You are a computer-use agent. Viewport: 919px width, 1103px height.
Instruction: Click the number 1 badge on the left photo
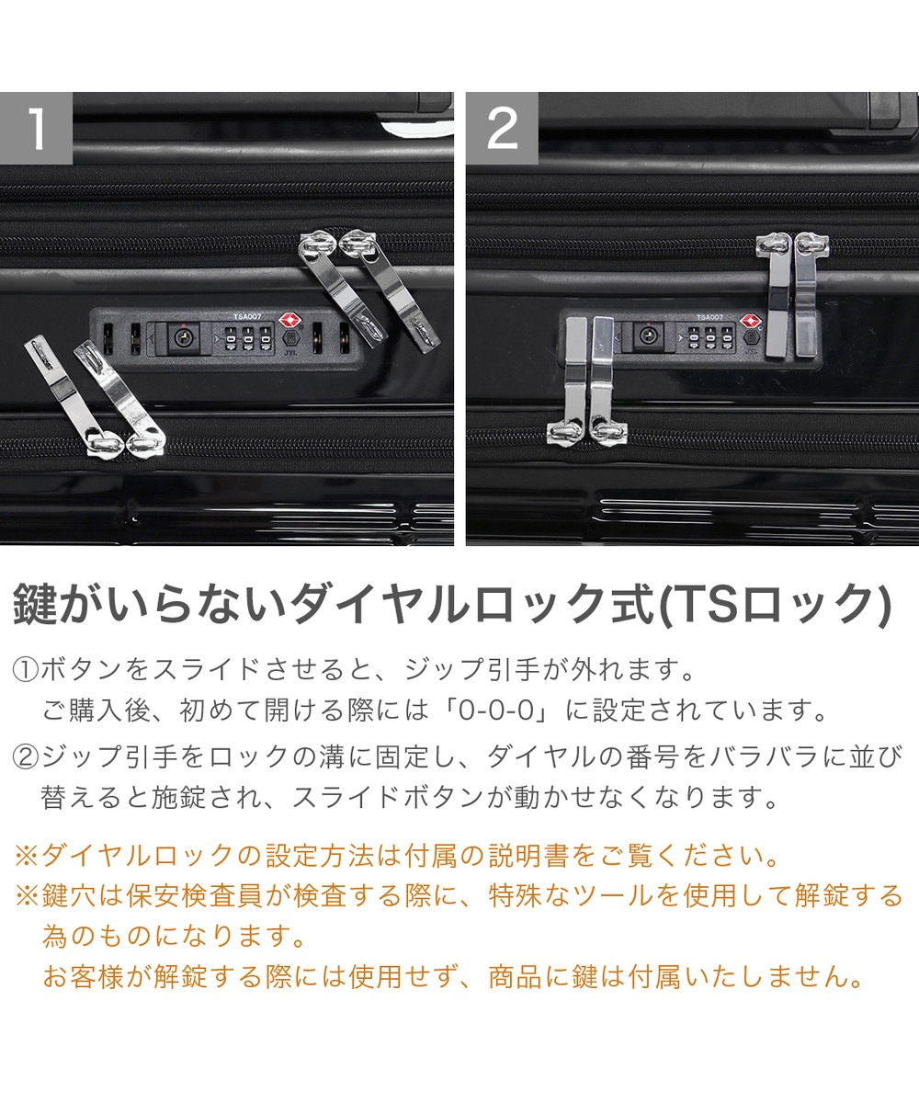click(36, 128)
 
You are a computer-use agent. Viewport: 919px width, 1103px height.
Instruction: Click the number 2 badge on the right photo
click(502, 128)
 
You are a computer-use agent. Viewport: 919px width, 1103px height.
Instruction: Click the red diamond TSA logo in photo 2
click(749, 321)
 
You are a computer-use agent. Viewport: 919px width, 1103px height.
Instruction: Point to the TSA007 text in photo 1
click(247, 316)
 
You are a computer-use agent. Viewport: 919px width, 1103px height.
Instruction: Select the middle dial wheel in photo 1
click(248, 338)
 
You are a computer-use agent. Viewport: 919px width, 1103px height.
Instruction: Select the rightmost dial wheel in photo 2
click(728, 338)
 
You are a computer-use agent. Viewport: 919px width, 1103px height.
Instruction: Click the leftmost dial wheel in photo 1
click(231, 338)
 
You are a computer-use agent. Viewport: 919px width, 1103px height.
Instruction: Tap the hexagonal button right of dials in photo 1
click(289, 338)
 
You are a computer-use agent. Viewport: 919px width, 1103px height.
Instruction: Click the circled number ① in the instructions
click(26, 670)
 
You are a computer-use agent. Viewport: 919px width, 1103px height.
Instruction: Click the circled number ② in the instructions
click(26, 757)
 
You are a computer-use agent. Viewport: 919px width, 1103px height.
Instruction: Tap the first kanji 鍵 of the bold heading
click(34, 606)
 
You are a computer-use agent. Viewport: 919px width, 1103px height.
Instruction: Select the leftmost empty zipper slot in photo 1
click(108, 338)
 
